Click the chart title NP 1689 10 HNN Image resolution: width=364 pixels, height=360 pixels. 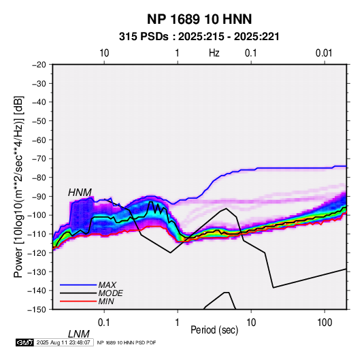(x=199, y=19)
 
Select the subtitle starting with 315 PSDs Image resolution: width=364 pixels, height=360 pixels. (x=199, y=37)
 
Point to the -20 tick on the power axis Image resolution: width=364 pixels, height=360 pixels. (x=39, y=65)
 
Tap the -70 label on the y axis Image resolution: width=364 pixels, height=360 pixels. (x=39, y=159)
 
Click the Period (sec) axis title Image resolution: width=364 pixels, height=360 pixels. (x=214, y=330)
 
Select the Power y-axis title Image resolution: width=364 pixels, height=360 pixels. (x=18, y=186)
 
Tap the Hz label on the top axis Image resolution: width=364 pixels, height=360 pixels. (x=214, y=53)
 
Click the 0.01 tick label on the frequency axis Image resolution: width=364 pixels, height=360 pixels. (x=324, y=53)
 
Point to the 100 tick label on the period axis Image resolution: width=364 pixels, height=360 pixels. (x=325, y=323)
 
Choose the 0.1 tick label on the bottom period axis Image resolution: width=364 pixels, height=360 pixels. (x=104, y=323)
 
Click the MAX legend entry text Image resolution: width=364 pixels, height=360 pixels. (x=107, y=284)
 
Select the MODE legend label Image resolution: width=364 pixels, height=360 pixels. (x=110, y=293)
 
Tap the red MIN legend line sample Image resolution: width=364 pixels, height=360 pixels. (x=78, y=301)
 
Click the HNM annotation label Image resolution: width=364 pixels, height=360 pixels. (x=80, y=193)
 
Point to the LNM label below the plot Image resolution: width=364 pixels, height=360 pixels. (x=79, y=334)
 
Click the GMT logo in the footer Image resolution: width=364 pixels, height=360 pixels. (x=25, y=342)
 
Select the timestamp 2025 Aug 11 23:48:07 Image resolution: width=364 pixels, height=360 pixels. (x=63, y=342)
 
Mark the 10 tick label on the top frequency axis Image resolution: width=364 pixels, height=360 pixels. (x=104, y=53)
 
